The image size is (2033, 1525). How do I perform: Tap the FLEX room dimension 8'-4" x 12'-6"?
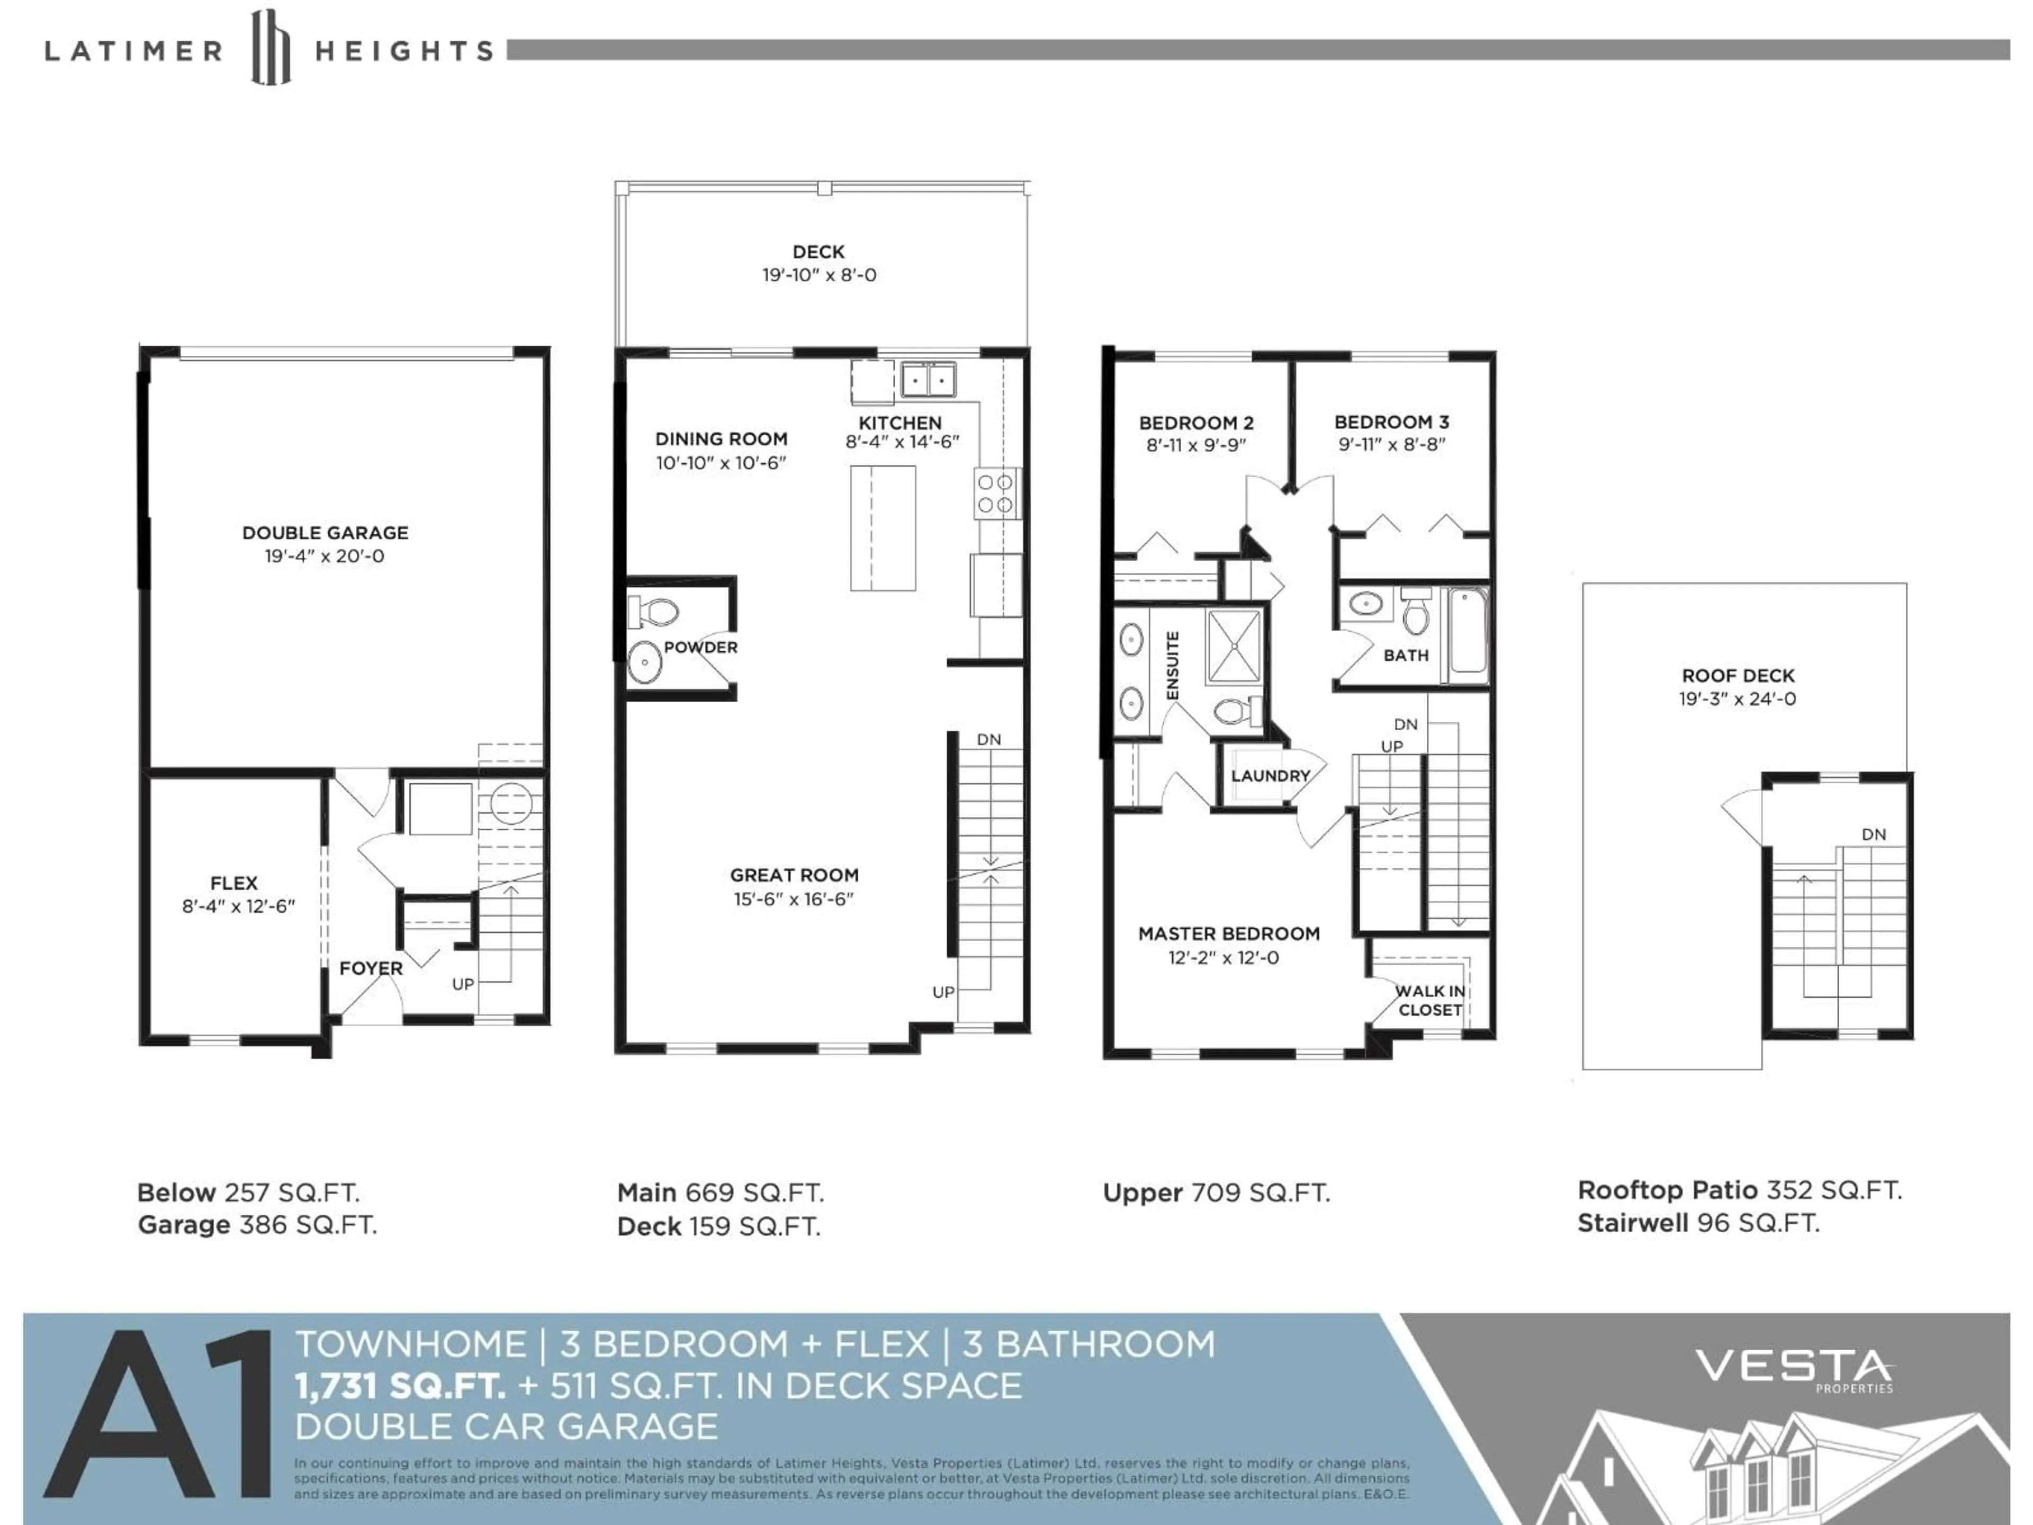(x=238, y=907)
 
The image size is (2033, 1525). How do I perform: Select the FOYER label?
(x=371, y=968)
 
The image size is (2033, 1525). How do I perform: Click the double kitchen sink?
(x=928, y=379)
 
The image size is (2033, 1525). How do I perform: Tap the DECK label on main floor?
(x=818, y=252)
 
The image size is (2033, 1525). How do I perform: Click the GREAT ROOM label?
(x=794, y=875)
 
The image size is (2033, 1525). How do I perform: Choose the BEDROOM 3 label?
(x=1391, y=422)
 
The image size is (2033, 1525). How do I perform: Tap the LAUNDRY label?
(x=1270, y=776)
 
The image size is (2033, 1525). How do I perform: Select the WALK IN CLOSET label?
(x=1429, y=1000)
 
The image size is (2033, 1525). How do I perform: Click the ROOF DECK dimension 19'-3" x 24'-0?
(x=1737, y=698)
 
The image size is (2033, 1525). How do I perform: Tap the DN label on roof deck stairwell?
(x=1873, y=835)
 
